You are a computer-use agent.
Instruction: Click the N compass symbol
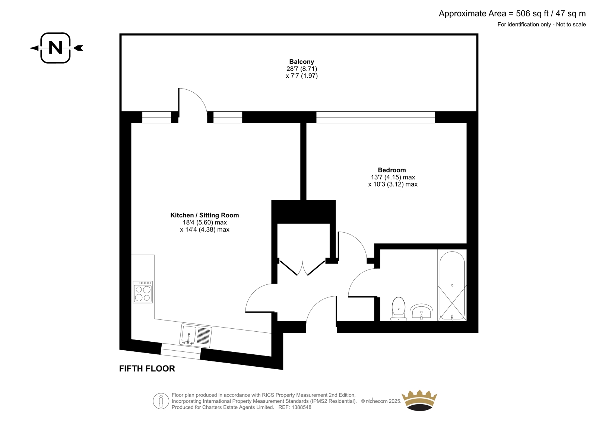56,48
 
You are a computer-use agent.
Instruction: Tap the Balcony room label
301,62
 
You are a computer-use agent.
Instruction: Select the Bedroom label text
391,170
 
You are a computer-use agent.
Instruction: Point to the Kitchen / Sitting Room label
205,215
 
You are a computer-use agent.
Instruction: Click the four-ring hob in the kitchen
143,292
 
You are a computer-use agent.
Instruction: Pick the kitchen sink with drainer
196,335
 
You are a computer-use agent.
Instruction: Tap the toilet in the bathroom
398,309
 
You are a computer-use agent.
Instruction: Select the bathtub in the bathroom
452,286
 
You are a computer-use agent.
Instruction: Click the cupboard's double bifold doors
302,268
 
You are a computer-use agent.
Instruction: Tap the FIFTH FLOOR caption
147,369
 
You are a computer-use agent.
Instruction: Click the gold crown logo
419,401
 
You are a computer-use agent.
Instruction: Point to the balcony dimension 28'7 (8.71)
302,68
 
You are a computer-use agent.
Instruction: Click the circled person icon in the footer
161,401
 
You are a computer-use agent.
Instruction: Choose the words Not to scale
571,25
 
